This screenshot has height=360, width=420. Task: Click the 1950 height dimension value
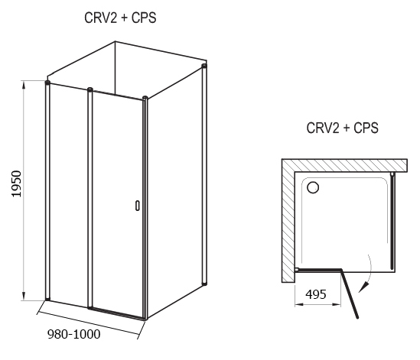16,183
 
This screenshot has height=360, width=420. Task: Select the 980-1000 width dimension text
73,334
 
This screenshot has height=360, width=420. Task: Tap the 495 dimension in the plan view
316,294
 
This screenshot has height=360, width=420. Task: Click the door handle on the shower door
138,206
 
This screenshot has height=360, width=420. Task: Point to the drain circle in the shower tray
313,187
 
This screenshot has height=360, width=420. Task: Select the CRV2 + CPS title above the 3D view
120,18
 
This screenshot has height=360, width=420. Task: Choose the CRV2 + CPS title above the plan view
342,128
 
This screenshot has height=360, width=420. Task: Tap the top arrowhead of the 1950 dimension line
24,85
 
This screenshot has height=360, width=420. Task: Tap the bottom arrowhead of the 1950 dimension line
24,296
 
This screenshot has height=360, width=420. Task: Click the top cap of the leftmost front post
47,83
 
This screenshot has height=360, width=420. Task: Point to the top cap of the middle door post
90,89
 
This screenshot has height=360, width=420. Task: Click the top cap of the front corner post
145,98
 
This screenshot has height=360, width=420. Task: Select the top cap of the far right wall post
204,66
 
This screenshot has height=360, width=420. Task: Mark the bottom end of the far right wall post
204,283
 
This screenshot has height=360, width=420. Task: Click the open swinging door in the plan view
350,294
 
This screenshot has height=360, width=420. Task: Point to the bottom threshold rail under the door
117,313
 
